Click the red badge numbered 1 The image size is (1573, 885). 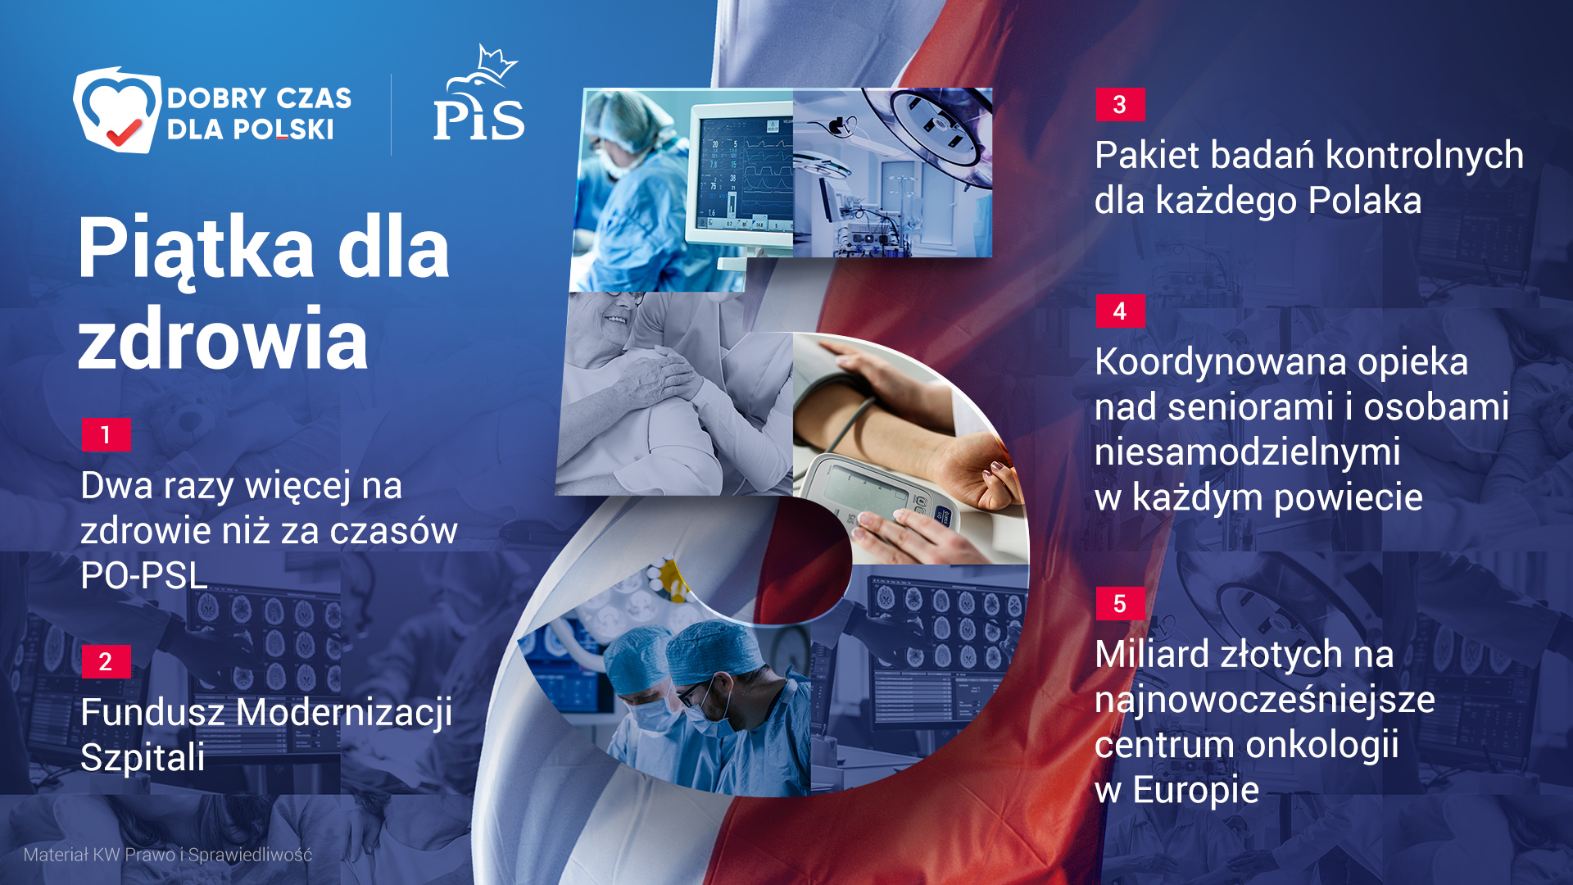click(x=106, y=434)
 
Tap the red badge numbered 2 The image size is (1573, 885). click(x=106, y=661)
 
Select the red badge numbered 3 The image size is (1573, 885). click(x=1120, y=104)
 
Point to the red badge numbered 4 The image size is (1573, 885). click(x=1120, y=311)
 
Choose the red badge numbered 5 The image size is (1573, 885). click(x=1120, y=604)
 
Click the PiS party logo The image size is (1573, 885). click(x=479, y=94)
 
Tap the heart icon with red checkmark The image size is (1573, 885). click(x=117, y=110)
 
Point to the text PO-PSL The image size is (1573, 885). click(x=144, y=575)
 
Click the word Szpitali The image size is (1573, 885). click(x=143, y=757)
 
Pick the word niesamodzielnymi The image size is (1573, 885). click(x=1247, y=452)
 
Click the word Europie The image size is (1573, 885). click(x=1195, y=790)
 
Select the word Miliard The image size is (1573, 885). click(x=1152, y=654)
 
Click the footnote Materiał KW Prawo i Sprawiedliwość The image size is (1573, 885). click(x=168, y=855)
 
